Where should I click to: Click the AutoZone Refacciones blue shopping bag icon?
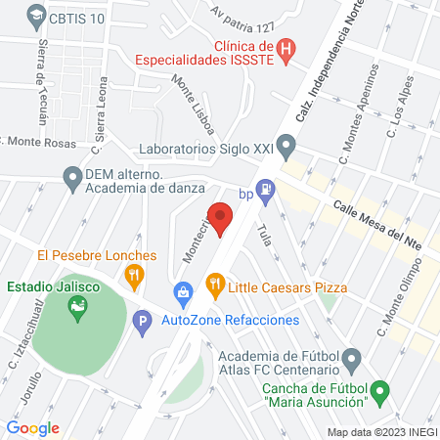[x=182, y=291]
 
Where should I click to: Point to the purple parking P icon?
[x=143, y=321]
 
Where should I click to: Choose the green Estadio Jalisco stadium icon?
[x=76, y=310]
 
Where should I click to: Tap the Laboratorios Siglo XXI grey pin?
[x=286, y=150]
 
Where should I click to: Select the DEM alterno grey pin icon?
[x=71, y=177]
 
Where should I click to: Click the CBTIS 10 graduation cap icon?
[x=36, y=16]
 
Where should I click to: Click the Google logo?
[x=33, y=427]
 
